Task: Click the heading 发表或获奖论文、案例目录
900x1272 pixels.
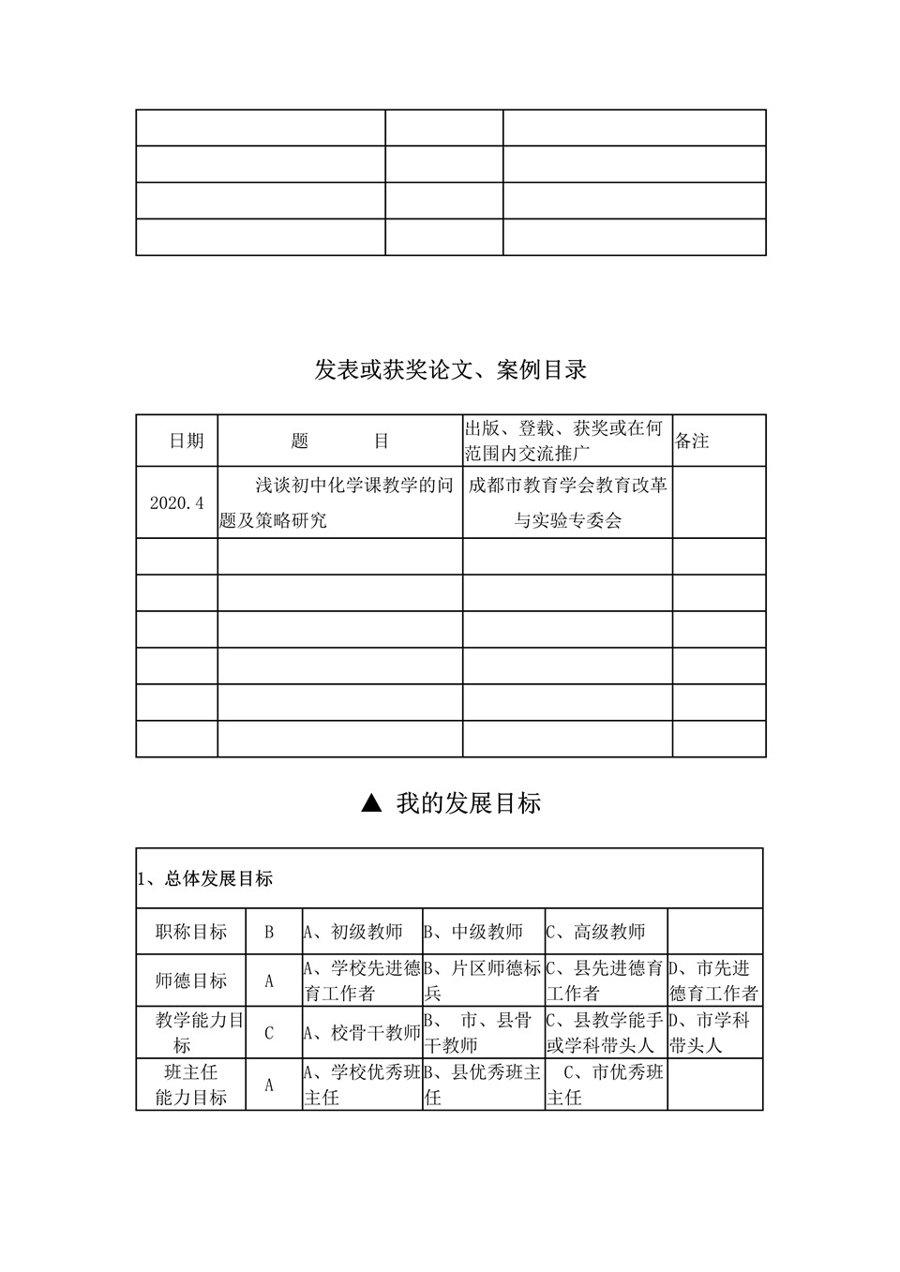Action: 450,370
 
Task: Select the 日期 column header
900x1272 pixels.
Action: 186,441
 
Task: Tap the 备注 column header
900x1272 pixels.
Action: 693,441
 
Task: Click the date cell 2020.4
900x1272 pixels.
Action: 176,502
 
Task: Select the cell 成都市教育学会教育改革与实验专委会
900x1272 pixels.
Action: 567,502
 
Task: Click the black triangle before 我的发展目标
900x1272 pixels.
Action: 371,803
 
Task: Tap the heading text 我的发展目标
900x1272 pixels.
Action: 468,803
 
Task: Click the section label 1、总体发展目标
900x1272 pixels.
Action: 205,879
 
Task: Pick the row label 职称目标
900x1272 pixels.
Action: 191,932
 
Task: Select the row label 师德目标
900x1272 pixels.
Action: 191,980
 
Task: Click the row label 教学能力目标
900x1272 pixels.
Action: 191,1032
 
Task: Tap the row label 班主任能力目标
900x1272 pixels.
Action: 191,1085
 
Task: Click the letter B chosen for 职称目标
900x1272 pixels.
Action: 269,932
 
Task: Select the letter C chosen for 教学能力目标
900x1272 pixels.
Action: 269,1033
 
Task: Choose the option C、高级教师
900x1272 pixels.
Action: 596,932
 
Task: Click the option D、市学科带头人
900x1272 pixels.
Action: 709,1032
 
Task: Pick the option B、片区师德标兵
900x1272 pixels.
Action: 483,980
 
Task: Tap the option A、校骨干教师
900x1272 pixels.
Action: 362,1033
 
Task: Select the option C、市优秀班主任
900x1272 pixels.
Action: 606,1085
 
